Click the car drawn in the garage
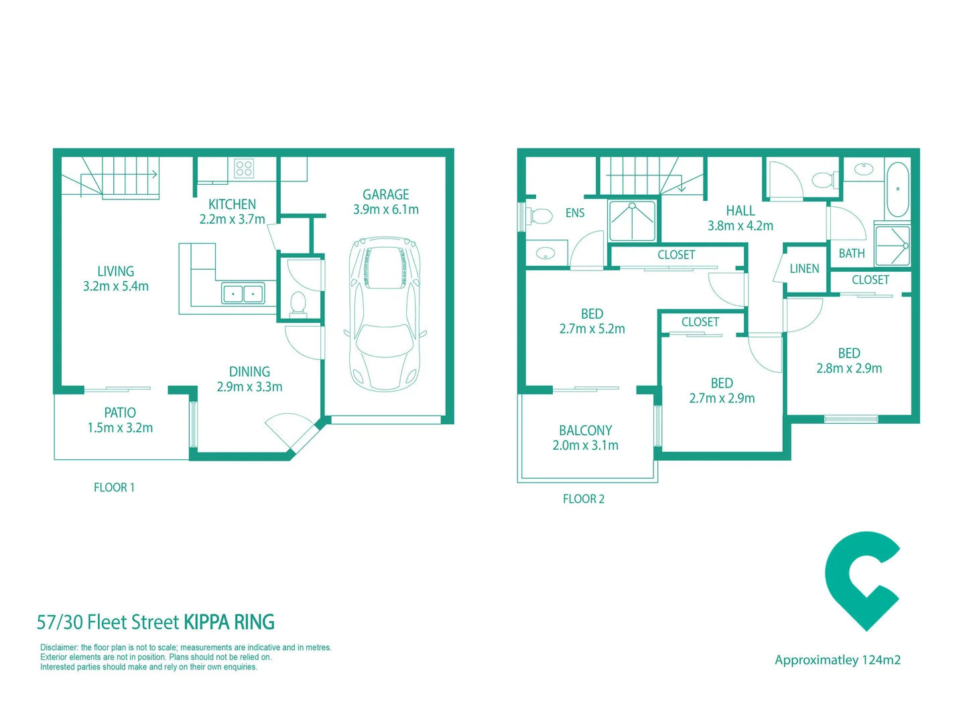[385, 313]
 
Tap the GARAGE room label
[385, 195]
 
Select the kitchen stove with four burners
[244, 168]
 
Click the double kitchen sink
[243, 293]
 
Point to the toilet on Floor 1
[298, 303]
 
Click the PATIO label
[120, 413]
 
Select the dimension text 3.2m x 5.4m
[116, 287]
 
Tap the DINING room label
[249, 372]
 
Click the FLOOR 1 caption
[114, 487]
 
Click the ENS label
[575, 213]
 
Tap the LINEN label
[804, 269]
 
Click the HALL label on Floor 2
[741, 211]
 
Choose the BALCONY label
[585, 430]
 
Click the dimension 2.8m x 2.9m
[849, 368]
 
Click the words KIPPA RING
[229, 623]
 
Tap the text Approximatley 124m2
[838, 660]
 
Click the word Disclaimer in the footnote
[59, 647]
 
